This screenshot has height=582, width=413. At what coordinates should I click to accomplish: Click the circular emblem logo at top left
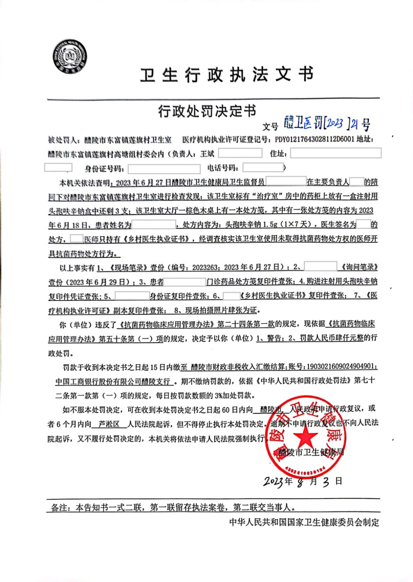[x=70, y=56]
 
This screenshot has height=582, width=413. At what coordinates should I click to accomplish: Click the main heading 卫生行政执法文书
[x=227, y=75]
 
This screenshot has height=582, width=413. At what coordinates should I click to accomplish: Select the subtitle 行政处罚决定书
[x=206, y=111]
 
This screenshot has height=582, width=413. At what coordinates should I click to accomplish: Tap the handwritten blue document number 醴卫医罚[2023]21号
[x=327, y=123]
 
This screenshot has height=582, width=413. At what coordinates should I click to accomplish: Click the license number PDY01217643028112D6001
[x=315, y=140]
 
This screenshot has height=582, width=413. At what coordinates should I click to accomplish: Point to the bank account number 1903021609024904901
[x=341, y=367]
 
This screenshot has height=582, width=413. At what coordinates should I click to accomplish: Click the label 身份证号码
[x=104, y=168]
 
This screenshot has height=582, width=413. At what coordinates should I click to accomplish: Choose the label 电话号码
[x=223, y=168]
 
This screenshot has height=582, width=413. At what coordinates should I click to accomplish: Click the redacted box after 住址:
[x=336, y=153]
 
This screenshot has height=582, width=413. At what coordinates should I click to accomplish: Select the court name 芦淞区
[x=109, y=424]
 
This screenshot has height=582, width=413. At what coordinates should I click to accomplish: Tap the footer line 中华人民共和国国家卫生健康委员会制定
[x=304, y=522]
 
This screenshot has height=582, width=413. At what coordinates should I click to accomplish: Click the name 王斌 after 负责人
[x=207, y=154]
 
